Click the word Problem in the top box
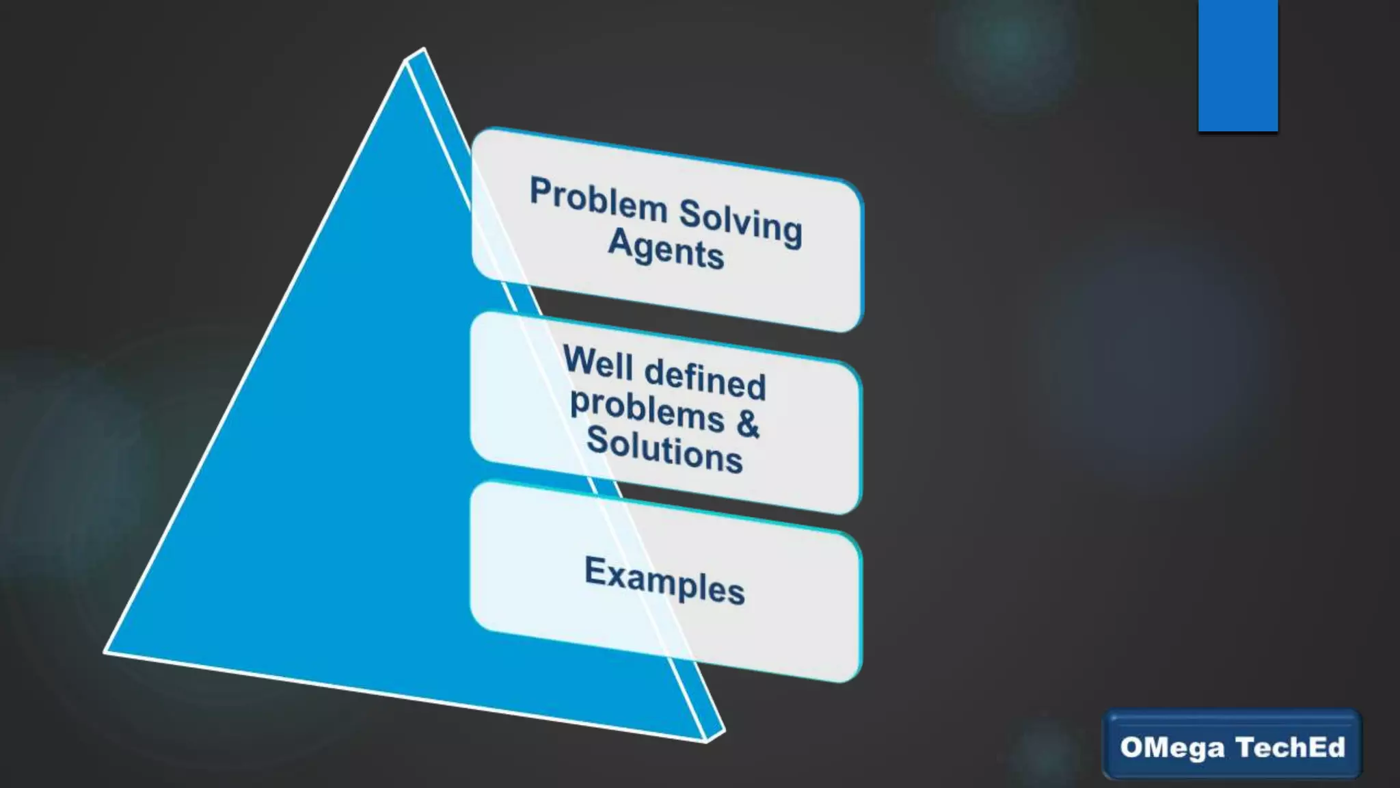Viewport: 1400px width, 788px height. (x=598, y=200)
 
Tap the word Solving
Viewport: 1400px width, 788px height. (x=740, y=222)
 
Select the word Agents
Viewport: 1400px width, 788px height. (x=666, y=248)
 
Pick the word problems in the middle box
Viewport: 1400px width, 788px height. (x=647, y=411)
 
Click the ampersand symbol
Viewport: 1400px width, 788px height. (x=748, y=423)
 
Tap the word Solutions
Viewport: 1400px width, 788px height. (x=664, y=449)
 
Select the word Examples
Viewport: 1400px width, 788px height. (x=664, y=581)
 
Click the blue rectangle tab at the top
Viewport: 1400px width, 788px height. (x=1238, y=65)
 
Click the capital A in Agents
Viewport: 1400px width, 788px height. (x=620, y=241)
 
